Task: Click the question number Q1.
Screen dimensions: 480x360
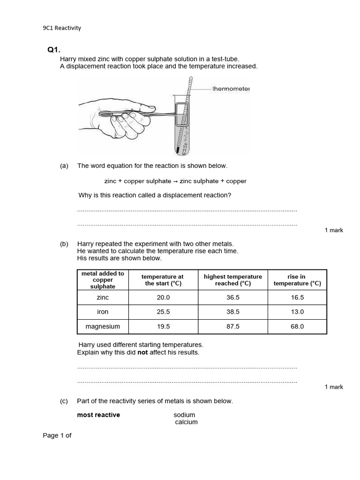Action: [x=54, y=50]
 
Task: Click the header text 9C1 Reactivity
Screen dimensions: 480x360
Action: [x=62, y=28]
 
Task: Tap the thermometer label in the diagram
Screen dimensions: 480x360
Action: [x=231, y=89]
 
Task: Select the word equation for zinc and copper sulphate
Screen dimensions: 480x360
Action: [x=175, y=181]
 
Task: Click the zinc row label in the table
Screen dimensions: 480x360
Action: [x=103, y=298]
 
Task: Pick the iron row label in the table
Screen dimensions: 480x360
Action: [x=103, y=312]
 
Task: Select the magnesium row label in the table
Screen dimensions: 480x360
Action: [x=103, y=326]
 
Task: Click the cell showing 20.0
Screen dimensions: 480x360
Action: [x=163, y=298]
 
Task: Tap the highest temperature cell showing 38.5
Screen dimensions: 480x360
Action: [x=233, y=312]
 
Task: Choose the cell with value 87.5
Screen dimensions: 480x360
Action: [x=233, y=326]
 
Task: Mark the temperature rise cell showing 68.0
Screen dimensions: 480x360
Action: [x=297, y=326]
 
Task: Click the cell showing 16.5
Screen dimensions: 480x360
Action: [x=297, y=298]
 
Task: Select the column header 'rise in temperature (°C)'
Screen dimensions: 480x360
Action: [x=297, y=280]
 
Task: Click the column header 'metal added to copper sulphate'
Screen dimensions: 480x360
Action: [x=103, y=280]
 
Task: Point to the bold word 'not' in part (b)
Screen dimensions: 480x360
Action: [x=142, y=352]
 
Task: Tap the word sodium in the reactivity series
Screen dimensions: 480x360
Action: [x=184, y=415]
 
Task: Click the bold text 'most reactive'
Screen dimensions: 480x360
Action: [x=98, y=415]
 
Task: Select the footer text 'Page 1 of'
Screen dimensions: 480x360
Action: [x=57, y=435]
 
